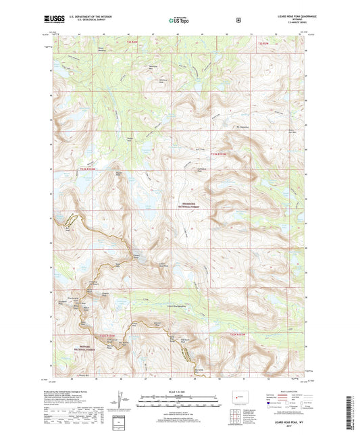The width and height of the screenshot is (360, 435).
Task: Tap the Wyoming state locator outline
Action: click(236, 394)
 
